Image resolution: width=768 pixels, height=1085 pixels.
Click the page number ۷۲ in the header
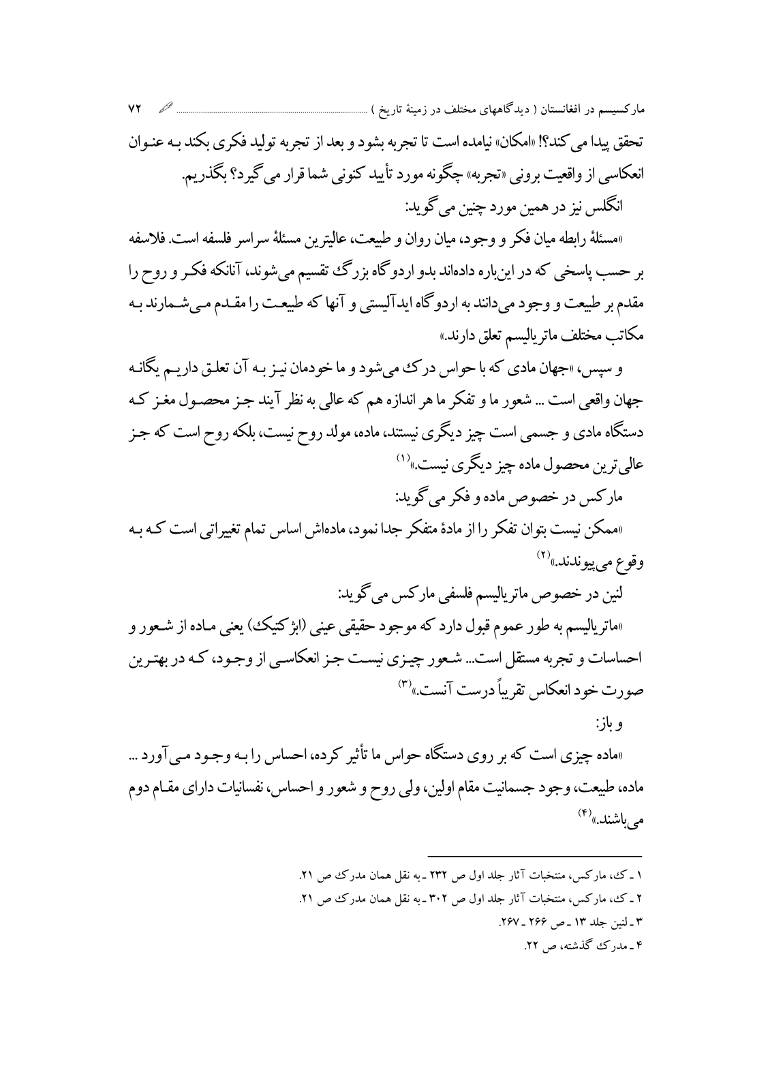click(133, 109)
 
